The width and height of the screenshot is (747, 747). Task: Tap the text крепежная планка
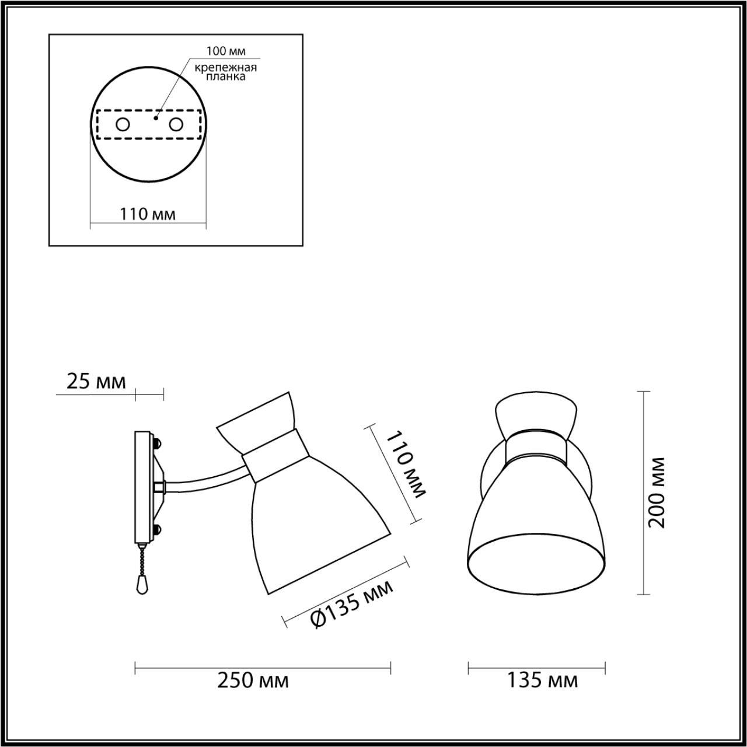[226, 72]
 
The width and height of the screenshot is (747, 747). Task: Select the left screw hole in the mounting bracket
[123, 124]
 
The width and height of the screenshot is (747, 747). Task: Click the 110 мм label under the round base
[148, 214]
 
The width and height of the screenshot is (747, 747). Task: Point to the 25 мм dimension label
[96, 382]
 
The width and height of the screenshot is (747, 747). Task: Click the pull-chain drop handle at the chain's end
[140, 584]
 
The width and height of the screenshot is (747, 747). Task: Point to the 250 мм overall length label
[253, 680]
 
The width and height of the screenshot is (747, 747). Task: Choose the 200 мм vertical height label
[658, 493]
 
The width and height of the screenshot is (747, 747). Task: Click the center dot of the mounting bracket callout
[155, 117]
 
